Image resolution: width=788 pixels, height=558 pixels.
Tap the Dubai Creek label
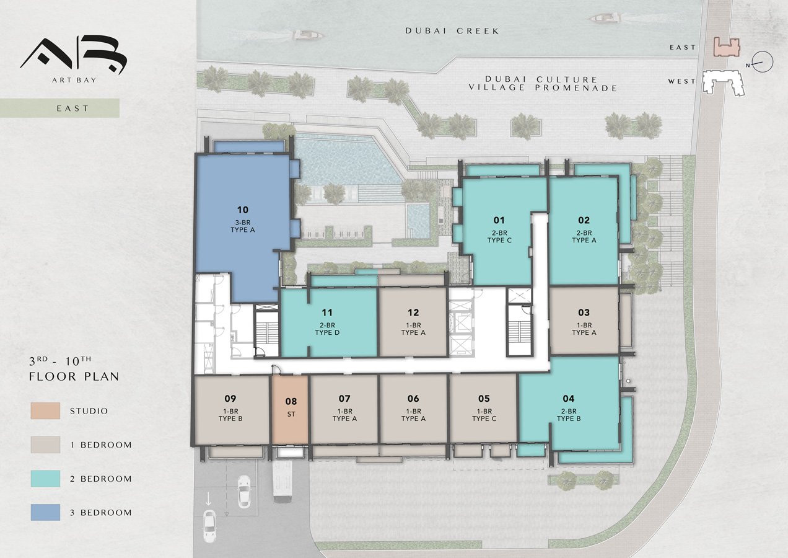[x=452, y=31]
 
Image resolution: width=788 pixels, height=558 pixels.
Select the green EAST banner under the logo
[x=60, y=108]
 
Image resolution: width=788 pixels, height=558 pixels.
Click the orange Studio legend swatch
[x=45, y=411]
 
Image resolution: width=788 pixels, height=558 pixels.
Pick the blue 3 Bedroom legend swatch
[x=45, y=512]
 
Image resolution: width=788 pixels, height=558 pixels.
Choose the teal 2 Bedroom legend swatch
[x=45, y=479]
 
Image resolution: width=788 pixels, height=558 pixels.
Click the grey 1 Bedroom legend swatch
[x=45, y=445]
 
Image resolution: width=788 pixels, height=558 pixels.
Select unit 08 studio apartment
[x=291, y=410]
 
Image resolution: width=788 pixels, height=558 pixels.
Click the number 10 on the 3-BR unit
[x=243, y=210]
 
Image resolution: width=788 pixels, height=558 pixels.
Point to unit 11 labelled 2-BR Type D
[x=329, y=322]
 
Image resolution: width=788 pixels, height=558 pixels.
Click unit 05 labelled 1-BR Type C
[x=484, y=409]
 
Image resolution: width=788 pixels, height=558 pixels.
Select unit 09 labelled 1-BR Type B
[x=231, y=410]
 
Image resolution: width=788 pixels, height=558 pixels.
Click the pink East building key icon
[x=727, y=47]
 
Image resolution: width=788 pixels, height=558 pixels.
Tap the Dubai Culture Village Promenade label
[x=543, y=84]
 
